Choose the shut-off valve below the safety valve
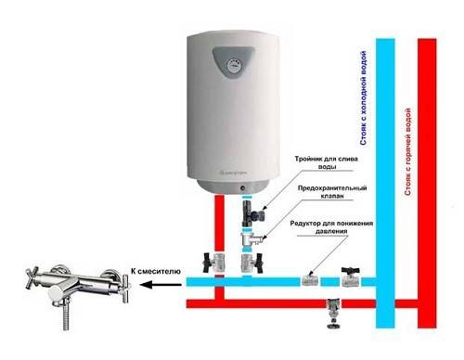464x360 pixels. pyautogui.click(x=247, y=266)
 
